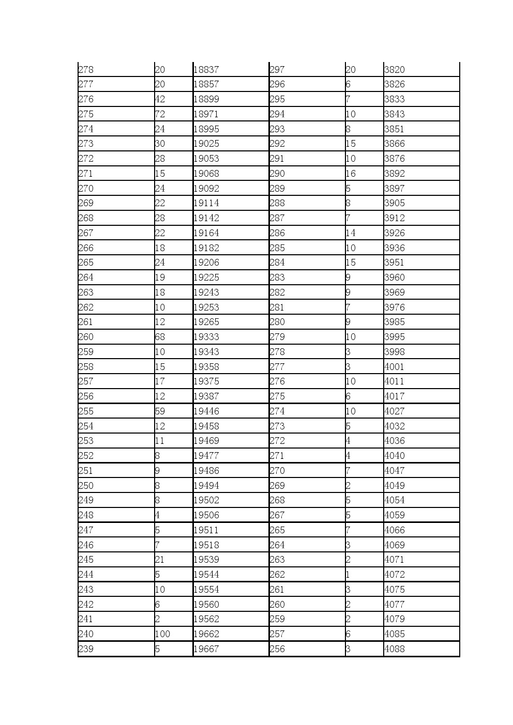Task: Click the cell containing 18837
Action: coord(206,70)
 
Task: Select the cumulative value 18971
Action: coord(206,114)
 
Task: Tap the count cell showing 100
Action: coord(162,634)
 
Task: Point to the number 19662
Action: coord(206,634)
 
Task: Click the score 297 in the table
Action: coord(277,70)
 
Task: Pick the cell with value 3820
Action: coord(395,70)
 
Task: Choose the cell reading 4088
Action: coord(395,649)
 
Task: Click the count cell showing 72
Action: coord(160,114)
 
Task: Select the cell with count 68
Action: coord(160,337)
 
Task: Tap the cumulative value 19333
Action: coord(206,337)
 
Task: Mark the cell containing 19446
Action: coord(206,411)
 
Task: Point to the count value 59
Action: coord(160,411)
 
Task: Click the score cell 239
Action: coord(86,649)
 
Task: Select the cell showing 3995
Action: coord(395,337)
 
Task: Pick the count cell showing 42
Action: coord(160,99)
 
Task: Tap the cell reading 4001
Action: coord(395,367)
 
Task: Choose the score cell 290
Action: coord(277,174)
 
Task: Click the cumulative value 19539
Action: coord(206,560)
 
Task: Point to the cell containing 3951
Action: coord(395,263)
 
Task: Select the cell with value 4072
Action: coord(395,575)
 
